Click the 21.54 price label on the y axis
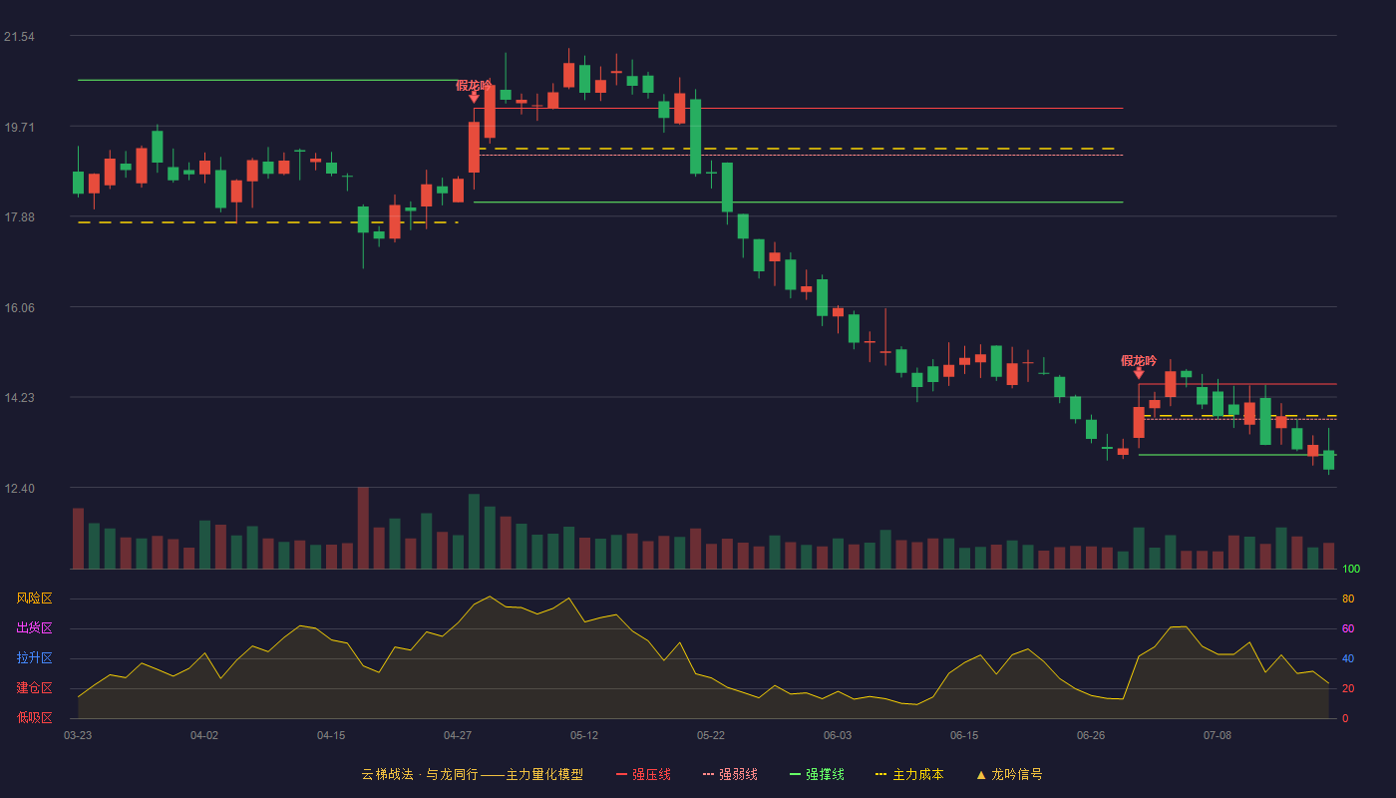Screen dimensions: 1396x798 (x=19, y=37)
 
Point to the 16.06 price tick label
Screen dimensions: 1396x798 (x=19, y=308)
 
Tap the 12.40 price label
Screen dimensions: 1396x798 (x=19, y=488)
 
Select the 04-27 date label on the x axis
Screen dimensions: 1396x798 (x=458, y=736)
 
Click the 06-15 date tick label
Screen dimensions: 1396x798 (x=964, y=736)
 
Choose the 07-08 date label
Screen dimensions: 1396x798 (x=1218, y=736)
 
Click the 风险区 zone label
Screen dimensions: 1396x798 (x=34, y=598)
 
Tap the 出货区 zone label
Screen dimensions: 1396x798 (x=34, y=627)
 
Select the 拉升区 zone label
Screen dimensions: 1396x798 (x=34, y=657)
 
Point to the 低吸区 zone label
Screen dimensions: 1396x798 (x=34, y=717)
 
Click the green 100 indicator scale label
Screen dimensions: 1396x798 (x=1351, y=569)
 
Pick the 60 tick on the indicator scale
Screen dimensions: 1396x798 (x=1348, y=628)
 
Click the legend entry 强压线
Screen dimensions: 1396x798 (x=643, y=774)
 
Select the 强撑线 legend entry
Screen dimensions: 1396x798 (x=817, y=774)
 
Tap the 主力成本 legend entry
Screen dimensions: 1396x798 (x=909, y=774)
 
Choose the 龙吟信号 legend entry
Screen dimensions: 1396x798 (x=1009, y=774)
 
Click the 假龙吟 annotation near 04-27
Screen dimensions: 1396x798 (x=474, y=86)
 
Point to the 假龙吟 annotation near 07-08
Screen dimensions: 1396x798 (x=1139, y=361)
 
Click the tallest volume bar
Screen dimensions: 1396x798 (x=363, y=528)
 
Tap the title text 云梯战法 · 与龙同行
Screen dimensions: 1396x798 (x=420, y=774)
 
